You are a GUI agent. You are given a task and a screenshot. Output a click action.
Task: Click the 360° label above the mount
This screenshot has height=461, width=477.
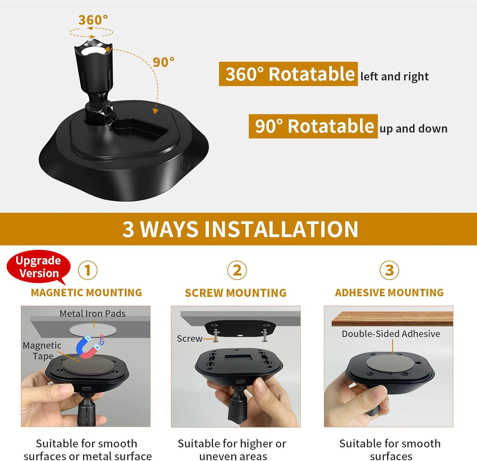(x=93, y=20)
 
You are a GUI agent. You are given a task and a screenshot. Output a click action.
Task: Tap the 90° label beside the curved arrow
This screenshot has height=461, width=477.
(x=163, y=62)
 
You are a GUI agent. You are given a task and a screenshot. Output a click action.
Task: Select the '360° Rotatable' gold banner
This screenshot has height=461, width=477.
(x=288, y=74)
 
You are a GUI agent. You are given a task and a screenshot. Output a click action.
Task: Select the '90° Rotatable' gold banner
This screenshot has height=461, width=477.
(x=313, y=126)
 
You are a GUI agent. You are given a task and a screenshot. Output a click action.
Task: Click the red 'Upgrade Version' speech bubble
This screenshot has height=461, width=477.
(x=38, y=267)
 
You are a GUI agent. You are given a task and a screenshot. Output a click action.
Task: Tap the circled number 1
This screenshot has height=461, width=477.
(x=87, y=270)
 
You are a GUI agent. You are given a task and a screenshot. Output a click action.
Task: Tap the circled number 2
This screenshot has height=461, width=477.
(x=237, y=270)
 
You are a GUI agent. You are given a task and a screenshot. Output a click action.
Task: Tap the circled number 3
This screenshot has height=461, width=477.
(x=389, y=270)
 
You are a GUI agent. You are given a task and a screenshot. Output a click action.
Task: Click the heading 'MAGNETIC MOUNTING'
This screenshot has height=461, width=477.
(x=86, y=292)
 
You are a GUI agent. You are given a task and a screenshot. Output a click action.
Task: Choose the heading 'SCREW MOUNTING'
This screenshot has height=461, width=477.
(x=236, y=293)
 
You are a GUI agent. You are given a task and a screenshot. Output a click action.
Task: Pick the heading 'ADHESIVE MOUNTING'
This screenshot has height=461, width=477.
(x=389, y=292)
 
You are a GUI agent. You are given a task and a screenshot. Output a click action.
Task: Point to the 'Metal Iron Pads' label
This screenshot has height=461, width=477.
(x=93, y=314)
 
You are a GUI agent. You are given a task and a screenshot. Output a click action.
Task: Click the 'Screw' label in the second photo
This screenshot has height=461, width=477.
(x=190, y=339)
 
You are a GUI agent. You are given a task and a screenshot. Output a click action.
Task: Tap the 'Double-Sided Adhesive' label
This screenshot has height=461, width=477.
(x=391, y=334)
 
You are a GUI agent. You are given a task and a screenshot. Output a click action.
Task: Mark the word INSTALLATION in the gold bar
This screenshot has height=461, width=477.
(x=281, y=229)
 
